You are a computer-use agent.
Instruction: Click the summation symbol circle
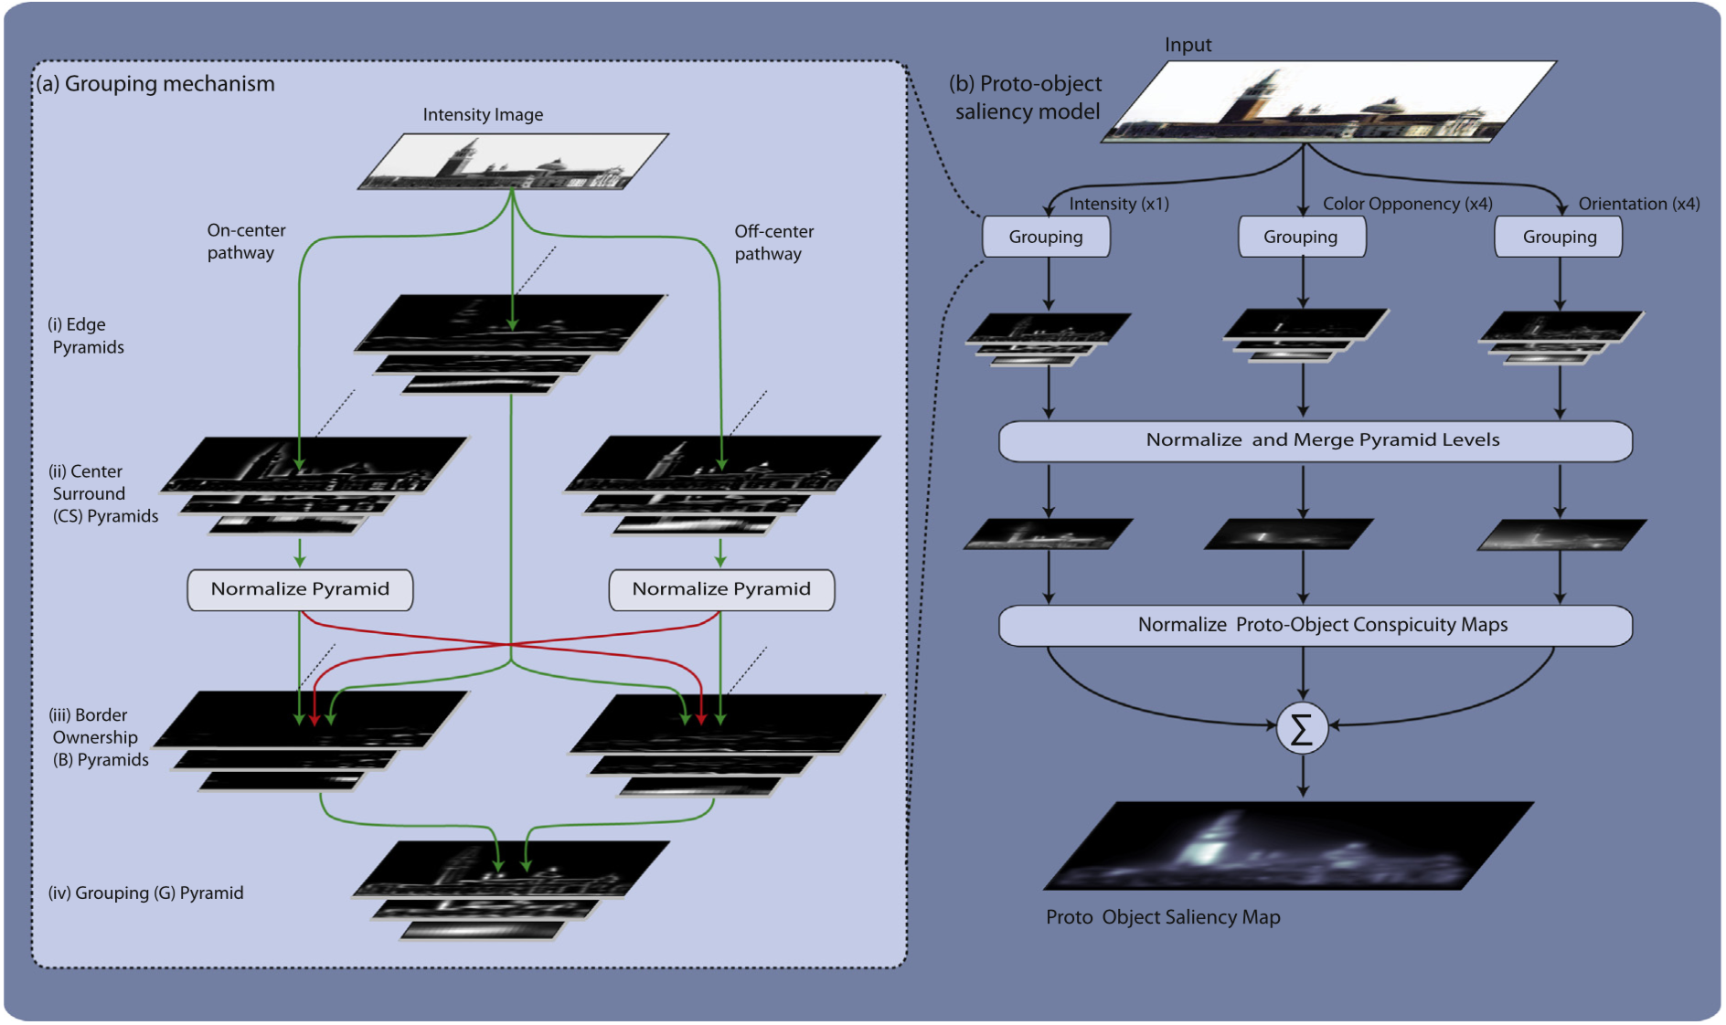(1302, 728)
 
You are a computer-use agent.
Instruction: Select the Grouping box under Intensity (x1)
(1046, 237)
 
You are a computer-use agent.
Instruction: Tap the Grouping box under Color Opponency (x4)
(1301, 237)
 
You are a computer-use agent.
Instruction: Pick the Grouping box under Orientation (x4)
(1559, 237)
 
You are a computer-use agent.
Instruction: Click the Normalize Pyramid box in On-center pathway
(300, 589)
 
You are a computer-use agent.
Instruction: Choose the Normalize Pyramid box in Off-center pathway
(721, 589)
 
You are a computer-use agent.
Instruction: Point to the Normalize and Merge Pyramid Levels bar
(1316, 440)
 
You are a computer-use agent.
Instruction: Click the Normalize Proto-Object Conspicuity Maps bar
(1316, 625)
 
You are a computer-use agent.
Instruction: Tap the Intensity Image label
(483, 114)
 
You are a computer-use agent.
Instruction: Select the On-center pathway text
(245, 242)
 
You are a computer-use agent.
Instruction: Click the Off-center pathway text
(772, 243)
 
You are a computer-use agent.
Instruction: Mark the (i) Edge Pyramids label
(85, 336)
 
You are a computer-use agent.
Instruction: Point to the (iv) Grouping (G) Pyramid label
(145, 893)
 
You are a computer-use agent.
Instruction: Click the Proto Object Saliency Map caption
(1163, 917)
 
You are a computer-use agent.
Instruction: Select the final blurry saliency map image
(1289, 846)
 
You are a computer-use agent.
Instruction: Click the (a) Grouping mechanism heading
(155, 84)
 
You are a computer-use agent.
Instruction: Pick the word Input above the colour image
(1188, 45)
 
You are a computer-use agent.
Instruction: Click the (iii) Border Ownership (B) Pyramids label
(99, 737)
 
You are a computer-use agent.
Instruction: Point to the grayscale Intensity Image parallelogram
(514, 163)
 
